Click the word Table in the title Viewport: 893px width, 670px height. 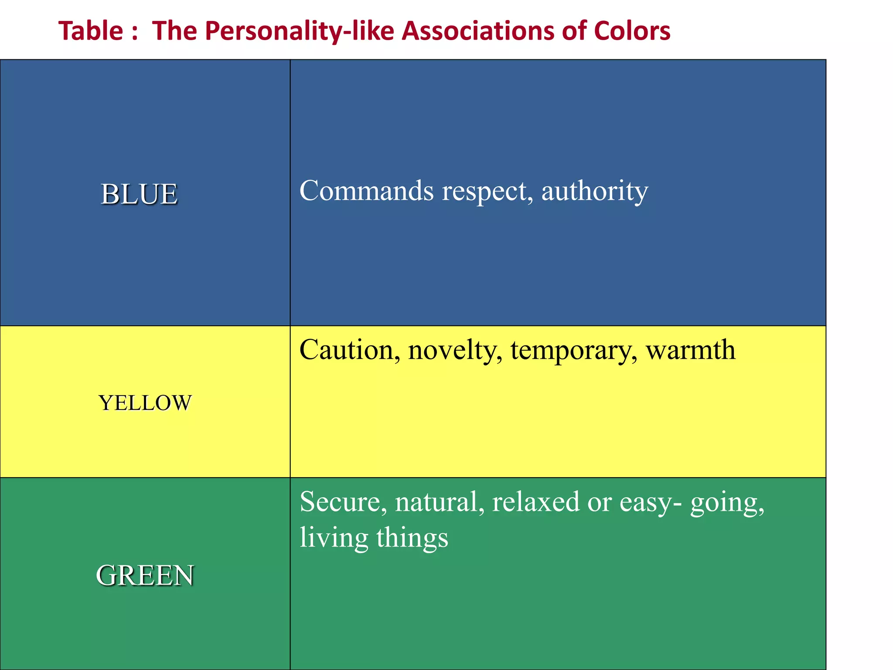tap(91, 31)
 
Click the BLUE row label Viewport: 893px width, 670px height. tap(139, 194)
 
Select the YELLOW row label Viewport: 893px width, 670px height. tap(145, 403)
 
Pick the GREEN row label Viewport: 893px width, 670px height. tap(145, 575)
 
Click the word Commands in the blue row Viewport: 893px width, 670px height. tap(367, 191)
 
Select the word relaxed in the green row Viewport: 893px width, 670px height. tap(536, 502)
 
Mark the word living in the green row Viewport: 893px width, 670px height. tap(334, 538)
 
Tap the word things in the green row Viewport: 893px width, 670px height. tap(412, 538)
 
